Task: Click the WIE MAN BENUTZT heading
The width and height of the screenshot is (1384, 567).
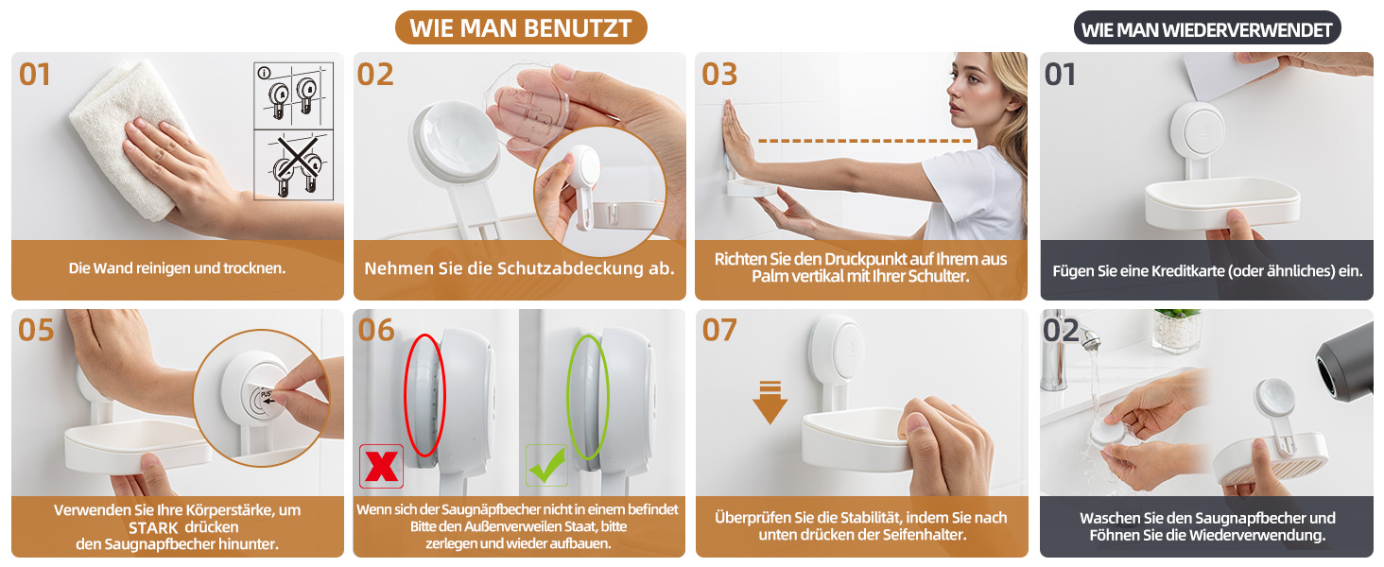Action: coord(521,27)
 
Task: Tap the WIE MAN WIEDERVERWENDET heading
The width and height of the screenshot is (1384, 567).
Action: coord(1206,29)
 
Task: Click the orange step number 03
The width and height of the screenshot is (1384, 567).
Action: coord(719,74)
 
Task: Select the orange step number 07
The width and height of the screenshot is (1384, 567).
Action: coord(719,330)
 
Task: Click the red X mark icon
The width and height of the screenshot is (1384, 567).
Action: coord(381,466)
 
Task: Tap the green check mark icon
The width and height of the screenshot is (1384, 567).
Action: coord(546,465)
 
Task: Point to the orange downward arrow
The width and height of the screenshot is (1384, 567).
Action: coord(770,403)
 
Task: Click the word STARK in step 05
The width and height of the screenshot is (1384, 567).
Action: coord(153,528)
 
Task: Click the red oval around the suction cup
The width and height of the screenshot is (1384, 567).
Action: coord(424,395)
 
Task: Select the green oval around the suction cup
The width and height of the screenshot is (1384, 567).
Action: coord(588,397)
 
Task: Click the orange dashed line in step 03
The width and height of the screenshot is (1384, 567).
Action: coord(864,141)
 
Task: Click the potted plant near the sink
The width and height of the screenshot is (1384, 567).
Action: coord(1178,331)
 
